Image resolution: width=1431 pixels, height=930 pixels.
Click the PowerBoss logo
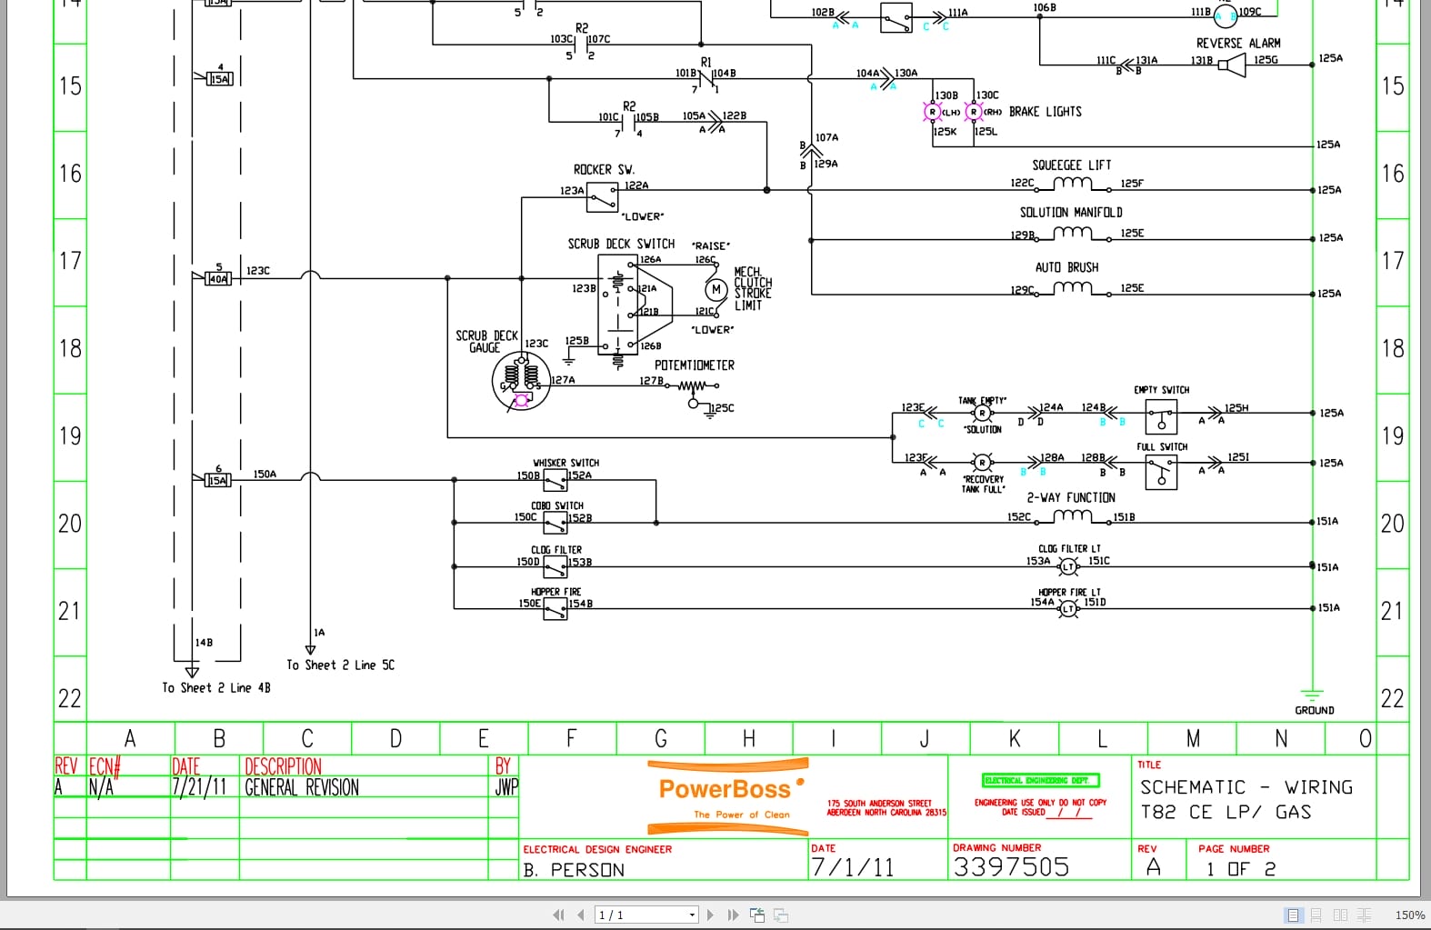point(726,789)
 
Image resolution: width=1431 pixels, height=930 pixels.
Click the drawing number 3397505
point(1011,866)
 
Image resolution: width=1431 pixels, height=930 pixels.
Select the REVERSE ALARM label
point(1237,43)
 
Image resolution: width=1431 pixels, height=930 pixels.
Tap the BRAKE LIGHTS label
point(1045,112)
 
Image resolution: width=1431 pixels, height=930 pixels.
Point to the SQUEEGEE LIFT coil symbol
point(1072,185)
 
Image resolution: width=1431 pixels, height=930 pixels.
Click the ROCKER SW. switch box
point(602,197)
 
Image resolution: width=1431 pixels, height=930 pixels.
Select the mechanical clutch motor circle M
point(715,289)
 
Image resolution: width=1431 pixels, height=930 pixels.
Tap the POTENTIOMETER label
point(694,365)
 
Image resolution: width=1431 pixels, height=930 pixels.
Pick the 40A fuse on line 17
point(218,278)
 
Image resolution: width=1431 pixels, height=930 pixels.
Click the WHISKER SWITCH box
point(555,481)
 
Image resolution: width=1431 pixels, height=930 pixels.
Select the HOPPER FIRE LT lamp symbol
point(1068,608)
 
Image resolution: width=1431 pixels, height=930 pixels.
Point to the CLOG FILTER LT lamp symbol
point(1068,566)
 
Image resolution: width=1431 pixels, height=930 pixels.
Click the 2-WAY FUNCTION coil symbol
point(1072,516)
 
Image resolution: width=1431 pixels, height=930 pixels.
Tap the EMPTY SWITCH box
point(1161,418)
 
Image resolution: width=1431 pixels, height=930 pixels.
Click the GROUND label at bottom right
point(1314,710)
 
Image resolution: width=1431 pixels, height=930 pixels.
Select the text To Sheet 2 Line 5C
point(340,665)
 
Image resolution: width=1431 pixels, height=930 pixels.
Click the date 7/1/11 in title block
point(852,867)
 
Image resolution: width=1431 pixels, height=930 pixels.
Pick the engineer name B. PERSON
point(574,870)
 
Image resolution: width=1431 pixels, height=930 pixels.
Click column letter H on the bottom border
point(748,738)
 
